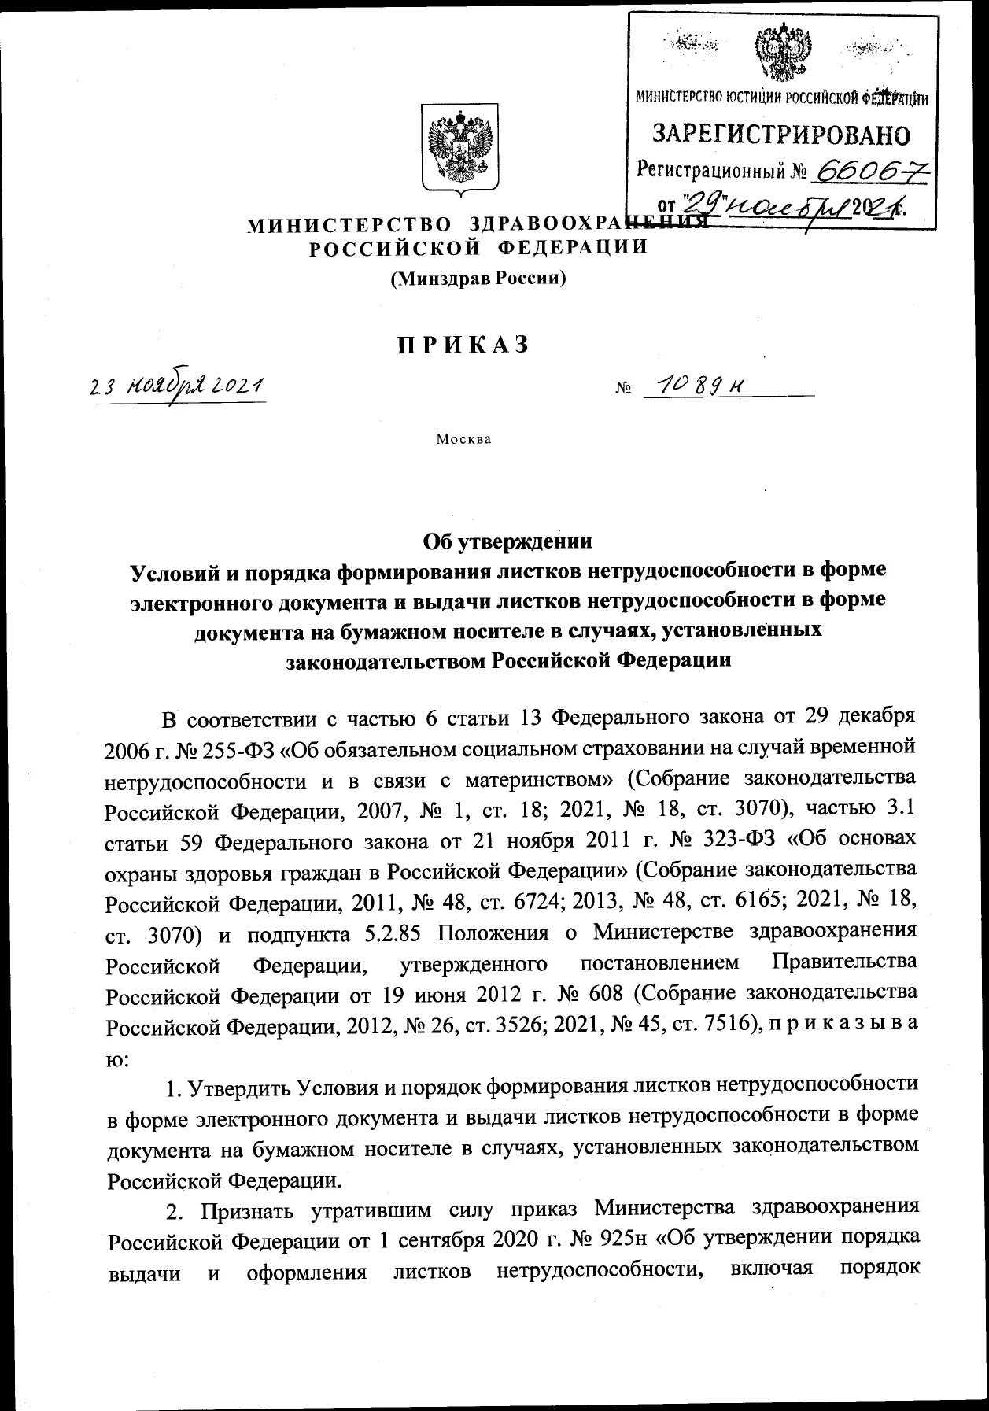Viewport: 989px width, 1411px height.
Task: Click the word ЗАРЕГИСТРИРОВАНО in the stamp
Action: pyautogui.click(x=781, y=135)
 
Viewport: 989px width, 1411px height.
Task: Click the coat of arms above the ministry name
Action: pyautogui.click(x=459, y=146)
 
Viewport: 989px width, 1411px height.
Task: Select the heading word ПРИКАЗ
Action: pyautogui.click(x=463, y=345)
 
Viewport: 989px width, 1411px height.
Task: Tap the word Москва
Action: pyautogui.click(x=464, y=439)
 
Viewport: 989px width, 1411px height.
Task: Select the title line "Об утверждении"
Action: pyautogui.click(x=507, y=541)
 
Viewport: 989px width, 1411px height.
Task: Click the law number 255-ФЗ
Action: pyautogui.click(x=240, y=748)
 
